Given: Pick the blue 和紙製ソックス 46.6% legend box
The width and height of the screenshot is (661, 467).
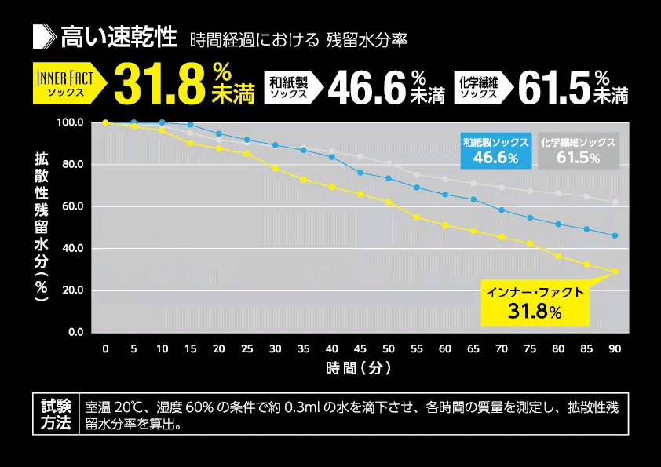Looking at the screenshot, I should [495, 151].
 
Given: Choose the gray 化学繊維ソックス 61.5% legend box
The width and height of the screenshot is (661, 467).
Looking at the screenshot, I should [579, 151].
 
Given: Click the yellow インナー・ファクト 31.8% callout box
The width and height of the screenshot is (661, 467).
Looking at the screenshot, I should [535, 305].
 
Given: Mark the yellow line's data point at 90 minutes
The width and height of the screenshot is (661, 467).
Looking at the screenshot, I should [615, 272].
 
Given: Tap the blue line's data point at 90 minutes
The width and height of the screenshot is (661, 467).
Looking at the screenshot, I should [615, 235].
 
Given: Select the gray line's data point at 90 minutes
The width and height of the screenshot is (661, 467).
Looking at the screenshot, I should [615, 202].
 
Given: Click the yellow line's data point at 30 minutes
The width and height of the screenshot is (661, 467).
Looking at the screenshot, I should [275, 168].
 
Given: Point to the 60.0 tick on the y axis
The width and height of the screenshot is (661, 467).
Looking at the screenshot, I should [71, 207].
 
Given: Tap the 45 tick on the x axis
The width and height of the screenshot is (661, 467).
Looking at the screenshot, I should [360, 348].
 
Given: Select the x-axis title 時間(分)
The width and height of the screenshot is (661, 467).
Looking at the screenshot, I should [360, 367].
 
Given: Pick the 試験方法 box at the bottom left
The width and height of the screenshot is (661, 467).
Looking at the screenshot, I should [56, 414].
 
